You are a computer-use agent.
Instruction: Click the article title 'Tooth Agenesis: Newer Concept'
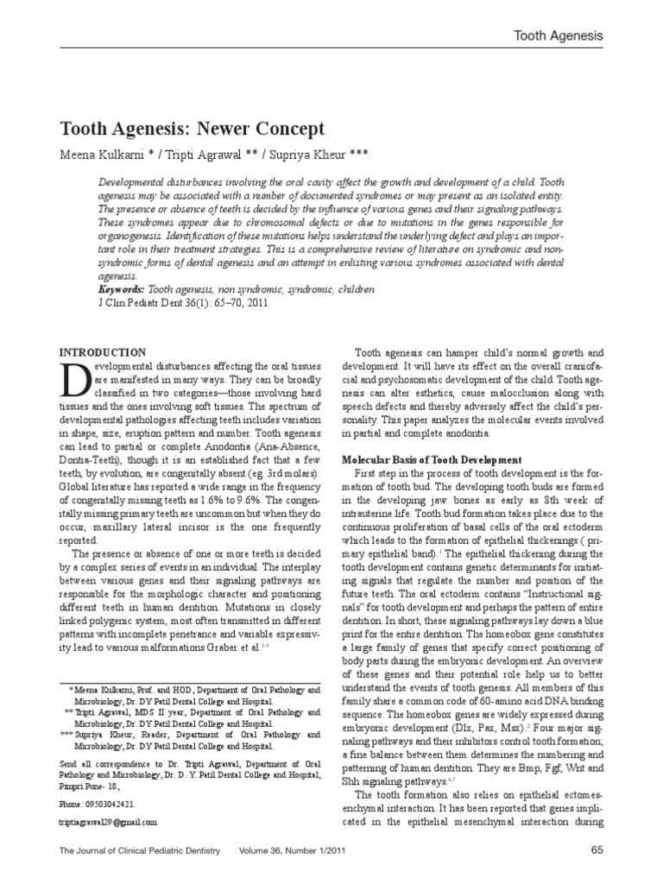click(191, 129)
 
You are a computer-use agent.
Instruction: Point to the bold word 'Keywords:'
click(118, 290)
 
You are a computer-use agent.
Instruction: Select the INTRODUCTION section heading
click(101, 352)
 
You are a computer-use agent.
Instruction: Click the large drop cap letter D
click(76, 381)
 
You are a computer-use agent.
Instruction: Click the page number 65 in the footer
click(597, 850)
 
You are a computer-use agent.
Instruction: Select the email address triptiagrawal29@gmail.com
click(108, 823)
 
